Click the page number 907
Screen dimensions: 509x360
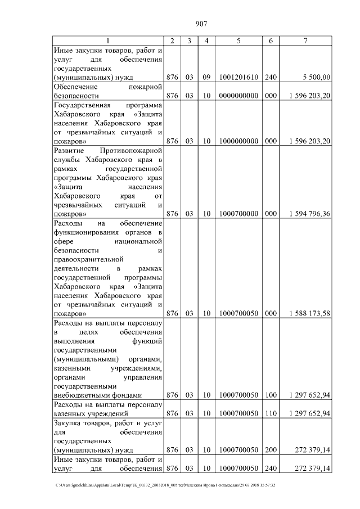tap(202, 24)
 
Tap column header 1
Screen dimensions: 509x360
tap(109, 41)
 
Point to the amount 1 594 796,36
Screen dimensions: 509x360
tap(309, 214)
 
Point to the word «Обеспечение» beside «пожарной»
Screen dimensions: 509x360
tap(75, 87)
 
